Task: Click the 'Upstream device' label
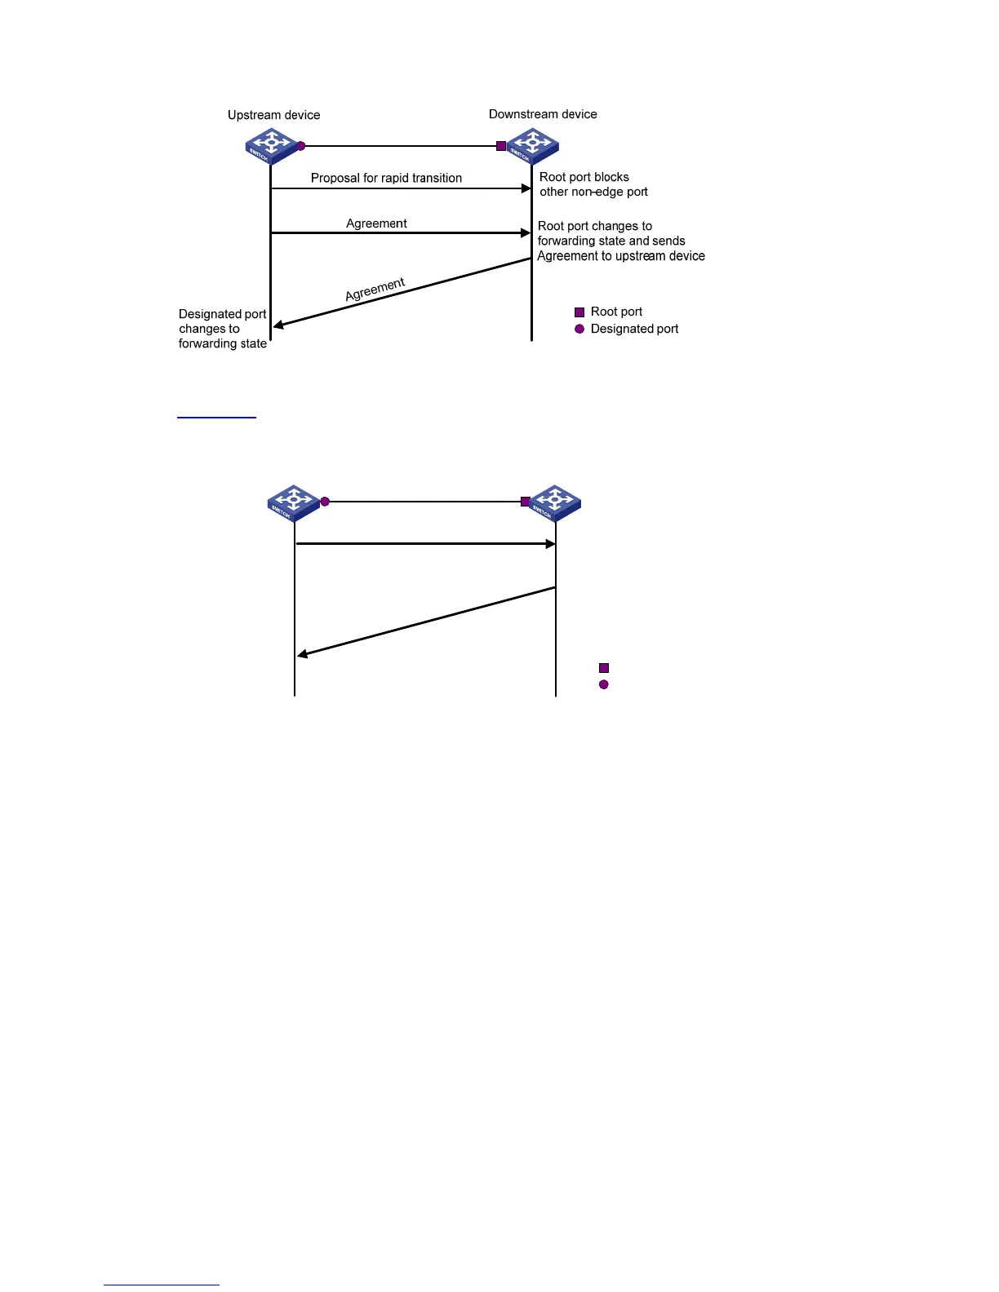[273, 115]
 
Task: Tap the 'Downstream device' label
[543, 114]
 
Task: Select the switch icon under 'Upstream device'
[270, 145]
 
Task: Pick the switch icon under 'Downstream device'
[533, 146]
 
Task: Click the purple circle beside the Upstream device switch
[300, 146]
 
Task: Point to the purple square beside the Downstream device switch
[501, 146]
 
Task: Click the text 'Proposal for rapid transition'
[386, 178]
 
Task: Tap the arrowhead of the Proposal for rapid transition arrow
[526, 188]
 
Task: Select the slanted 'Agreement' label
[375, 290]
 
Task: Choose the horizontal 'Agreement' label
[376, 223]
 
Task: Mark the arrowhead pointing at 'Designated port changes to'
[278, 325]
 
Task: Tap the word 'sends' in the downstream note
[668, 241]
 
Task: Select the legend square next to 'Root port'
[579, 312]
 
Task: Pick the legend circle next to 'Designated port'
[579, 329]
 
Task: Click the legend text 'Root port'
[616, 312]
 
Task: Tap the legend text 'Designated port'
[634, 329]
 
